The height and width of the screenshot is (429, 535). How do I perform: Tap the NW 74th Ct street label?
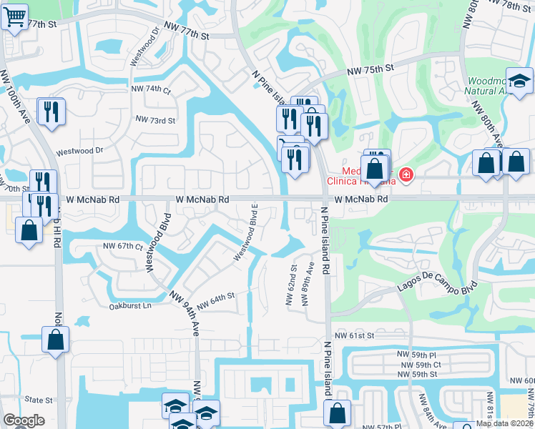point(151,89)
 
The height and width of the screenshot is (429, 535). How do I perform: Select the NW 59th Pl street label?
point(418,355)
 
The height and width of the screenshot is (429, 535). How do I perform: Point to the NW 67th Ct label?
point(121,245)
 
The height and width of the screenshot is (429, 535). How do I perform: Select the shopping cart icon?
point(14,16)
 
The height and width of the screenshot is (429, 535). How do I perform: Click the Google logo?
point(24,421)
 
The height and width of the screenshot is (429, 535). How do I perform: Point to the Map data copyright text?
point(504,423)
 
